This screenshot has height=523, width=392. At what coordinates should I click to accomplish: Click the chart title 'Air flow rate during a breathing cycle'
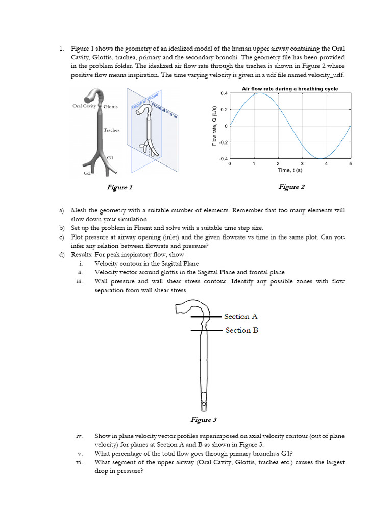[x=289, y=89]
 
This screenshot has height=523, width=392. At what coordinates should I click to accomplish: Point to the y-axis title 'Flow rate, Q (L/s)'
[x=214, y=126]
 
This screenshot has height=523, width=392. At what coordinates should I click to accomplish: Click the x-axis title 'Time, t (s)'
[x=289, y=170]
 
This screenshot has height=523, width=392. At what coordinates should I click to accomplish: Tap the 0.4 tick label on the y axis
[x=224, y=93]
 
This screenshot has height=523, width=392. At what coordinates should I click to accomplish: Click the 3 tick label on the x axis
[x=302, y=164]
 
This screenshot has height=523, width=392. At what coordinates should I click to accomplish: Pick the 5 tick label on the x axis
[x=351, y=164]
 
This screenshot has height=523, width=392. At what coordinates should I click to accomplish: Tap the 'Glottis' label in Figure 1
[x=111, y=107]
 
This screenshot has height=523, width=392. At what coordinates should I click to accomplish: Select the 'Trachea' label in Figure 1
[x=111, y=130]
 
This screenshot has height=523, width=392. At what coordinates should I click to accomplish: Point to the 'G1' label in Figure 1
[x=110, y=158]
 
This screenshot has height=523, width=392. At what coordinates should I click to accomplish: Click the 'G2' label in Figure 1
[x=88, y=174]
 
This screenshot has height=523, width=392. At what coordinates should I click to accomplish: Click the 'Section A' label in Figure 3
[x=241, y=317]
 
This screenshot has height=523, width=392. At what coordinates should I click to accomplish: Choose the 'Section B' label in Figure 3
[x=241, y=330]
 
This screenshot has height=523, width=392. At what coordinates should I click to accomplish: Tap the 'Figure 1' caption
[x=119, y=187]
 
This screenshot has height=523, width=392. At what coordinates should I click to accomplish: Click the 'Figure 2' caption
[x=291, y=187]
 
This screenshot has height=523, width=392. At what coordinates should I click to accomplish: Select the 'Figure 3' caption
[x=204, y=420]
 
